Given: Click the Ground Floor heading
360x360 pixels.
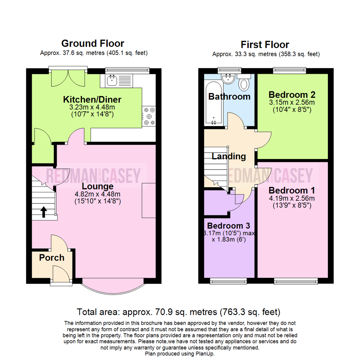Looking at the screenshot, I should [x=93, y=43].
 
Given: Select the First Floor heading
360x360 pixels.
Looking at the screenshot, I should [x=265, y=45].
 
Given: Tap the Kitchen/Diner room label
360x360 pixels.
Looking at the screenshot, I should [x=92, y=99].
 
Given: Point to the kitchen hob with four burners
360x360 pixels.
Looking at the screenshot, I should [x=149, y=116].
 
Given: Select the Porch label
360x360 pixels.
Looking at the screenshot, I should [x=52, y=258].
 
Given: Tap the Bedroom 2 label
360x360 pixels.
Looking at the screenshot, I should [x=292, y=94].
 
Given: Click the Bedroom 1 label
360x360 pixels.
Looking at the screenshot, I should [x=292, y=191].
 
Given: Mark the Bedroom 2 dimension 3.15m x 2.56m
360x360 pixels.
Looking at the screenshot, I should [x=292, y=102].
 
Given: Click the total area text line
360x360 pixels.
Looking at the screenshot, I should [x=178, y=312].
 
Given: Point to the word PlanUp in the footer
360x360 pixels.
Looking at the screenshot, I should [x=205, y=354].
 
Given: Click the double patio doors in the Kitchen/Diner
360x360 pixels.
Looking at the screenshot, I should [x=68, y=78].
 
